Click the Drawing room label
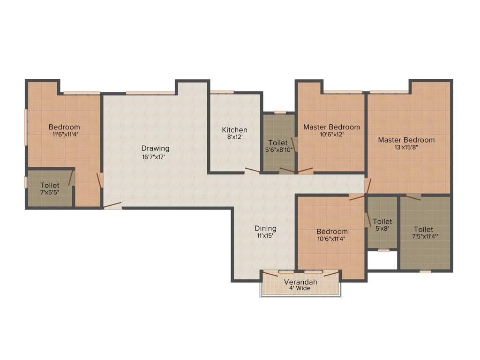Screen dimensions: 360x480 pyautogui.click(x=155, y=149)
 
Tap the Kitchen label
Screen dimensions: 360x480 pyautogui.click(x=234, y=130)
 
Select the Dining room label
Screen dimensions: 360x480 pyautogui.click(x=265, y=229)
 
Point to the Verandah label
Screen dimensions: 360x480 pyautogui.click(x=300, y=282)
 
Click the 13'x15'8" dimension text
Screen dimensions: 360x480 pyautogui.click(x=406, y=147)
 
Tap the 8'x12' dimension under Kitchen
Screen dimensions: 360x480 pyautogui.click(x=234, y=137)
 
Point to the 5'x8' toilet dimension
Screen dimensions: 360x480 pyautogui.click(x=382, y=229)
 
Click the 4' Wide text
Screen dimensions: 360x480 pyautogui.click(x=300, y=288)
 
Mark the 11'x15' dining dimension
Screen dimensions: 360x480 pyautogui.click(x=265, y=236)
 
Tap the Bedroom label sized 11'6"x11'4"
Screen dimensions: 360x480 pyautogui.click(x=64, y=127)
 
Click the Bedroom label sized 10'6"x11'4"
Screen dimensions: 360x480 pyautogui.click(x=332, y=232)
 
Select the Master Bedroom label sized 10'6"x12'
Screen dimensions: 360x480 pyautogui.click(x=331, y=127)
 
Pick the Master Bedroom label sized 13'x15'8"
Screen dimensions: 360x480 pyautogui.click(x=406, y=140)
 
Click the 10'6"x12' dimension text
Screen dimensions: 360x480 pyautogui.click(x=331, y=135)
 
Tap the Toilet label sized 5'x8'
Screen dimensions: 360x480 pyautogui.click(x=382, y=221)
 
